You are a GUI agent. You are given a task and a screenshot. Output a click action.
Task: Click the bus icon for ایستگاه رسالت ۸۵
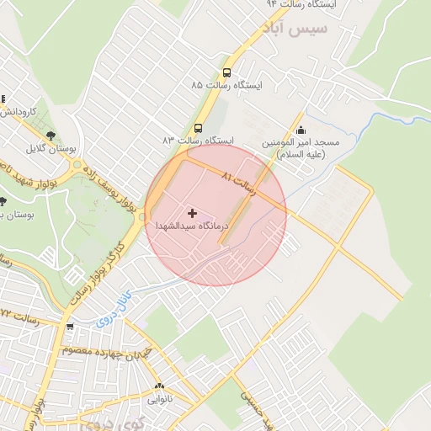(226, 73)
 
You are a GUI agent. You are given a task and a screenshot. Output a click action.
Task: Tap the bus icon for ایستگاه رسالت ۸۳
(198, 128)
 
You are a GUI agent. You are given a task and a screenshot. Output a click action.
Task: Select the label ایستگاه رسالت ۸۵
(226, 87)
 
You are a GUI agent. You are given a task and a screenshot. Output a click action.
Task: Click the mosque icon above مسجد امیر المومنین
(301, 130)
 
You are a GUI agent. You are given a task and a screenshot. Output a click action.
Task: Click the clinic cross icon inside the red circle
(192, 213)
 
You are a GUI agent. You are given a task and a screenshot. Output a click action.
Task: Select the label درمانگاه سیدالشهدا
(192, 226)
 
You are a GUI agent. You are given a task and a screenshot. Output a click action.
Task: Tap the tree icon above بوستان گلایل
(51, 136)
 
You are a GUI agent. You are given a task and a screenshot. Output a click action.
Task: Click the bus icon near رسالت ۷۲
(69, 326)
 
